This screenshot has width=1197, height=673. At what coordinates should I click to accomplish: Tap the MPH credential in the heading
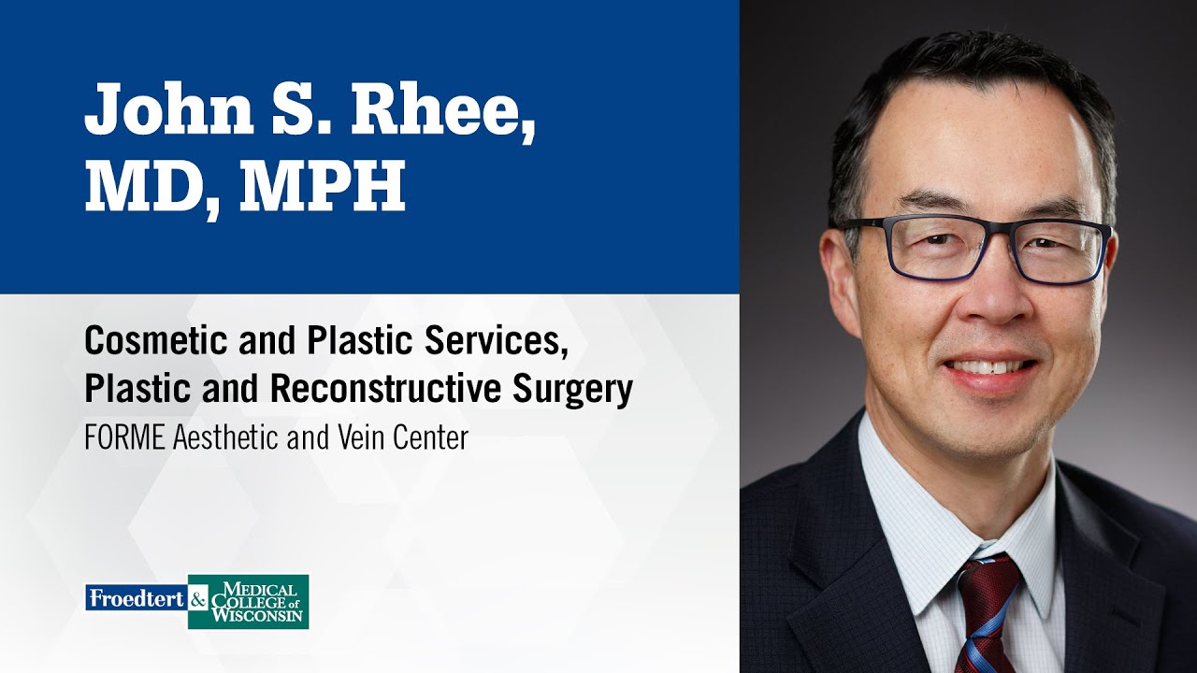(x=323, y=187)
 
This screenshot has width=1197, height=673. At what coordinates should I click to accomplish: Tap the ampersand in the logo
(x=198, y=599)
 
